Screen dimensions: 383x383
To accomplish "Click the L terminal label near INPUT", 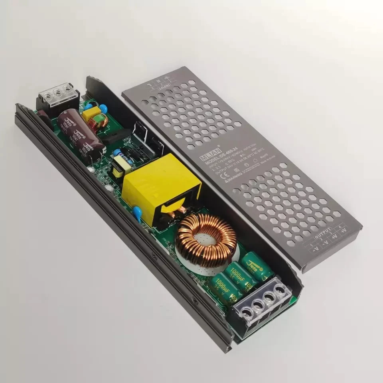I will click(151, 85).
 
